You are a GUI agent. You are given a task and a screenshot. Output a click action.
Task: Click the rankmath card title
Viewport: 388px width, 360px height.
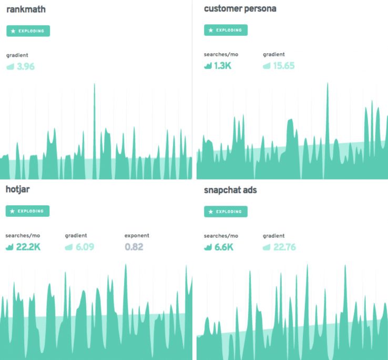(25, 9)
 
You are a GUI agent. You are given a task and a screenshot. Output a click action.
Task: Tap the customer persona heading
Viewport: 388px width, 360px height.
(240, 8)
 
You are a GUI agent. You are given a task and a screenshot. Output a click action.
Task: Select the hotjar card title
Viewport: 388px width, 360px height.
(18, 189)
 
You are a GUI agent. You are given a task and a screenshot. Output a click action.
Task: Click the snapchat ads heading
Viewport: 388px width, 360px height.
(230, 190)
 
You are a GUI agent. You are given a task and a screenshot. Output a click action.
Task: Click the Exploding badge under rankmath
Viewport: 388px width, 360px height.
(28, 31)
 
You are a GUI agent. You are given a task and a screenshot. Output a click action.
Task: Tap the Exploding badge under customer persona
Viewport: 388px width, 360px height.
(226, 30)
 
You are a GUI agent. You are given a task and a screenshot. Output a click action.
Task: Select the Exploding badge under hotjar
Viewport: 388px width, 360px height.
(28, 211)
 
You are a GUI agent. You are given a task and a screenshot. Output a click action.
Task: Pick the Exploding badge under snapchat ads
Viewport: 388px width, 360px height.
(226, 212)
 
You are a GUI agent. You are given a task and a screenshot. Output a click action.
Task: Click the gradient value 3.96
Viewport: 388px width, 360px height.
(25, 67)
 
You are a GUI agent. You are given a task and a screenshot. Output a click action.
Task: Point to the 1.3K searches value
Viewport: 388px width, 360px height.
(222, 66)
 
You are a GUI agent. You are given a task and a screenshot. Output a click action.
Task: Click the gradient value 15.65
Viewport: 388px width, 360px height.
(283, 66)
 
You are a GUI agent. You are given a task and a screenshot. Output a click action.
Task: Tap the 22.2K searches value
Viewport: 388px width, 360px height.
(28, 247)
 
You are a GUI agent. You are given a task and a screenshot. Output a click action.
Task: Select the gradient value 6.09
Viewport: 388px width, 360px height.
(84, 247)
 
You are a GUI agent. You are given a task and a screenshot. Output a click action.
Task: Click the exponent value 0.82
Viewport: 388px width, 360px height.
(134, 247)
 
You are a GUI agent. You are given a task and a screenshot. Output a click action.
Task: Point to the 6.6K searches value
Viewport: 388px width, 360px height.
(222, 247)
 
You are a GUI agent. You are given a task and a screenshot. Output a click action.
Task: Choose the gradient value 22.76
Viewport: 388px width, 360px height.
(284, 247)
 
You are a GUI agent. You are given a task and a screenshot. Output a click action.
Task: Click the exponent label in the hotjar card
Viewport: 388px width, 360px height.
(137, 235)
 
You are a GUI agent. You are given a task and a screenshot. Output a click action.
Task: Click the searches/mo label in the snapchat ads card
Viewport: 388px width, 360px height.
(221, 236)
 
